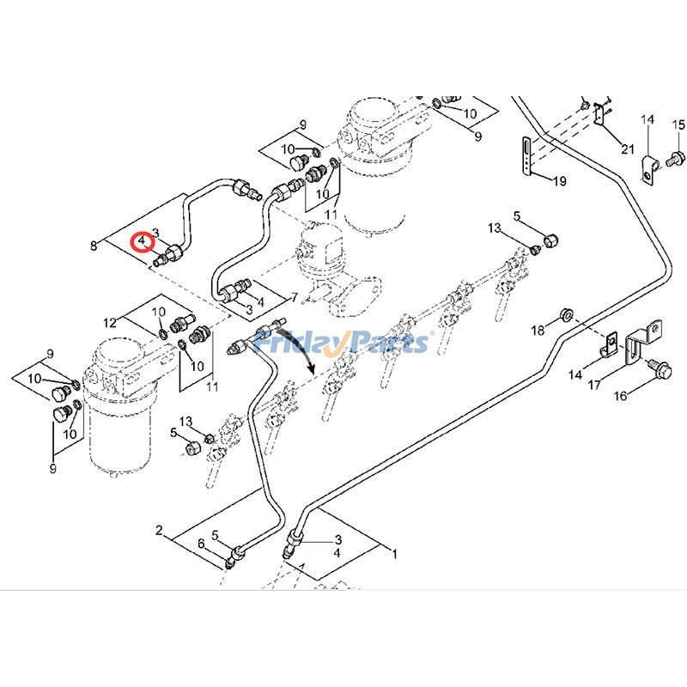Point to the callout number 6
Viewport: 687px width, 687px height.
coord(201,544)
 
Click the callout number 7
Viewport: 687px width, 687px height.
coord(294,297)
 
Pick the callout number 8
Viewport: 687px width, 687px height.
coord(94,246)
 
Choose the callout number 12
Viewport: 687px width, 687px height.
coord(110,323)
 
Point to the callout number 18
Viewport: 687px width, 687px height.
coord(537,331)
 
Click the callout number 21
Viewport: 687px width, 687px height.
coord(628,149)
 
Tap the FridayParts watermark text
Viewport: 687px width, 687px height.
coord(361,344)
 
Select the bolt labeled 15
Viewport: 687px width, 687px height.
coord(675,157)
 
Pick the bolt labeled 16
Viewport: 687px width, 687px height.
coord(657,368)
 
